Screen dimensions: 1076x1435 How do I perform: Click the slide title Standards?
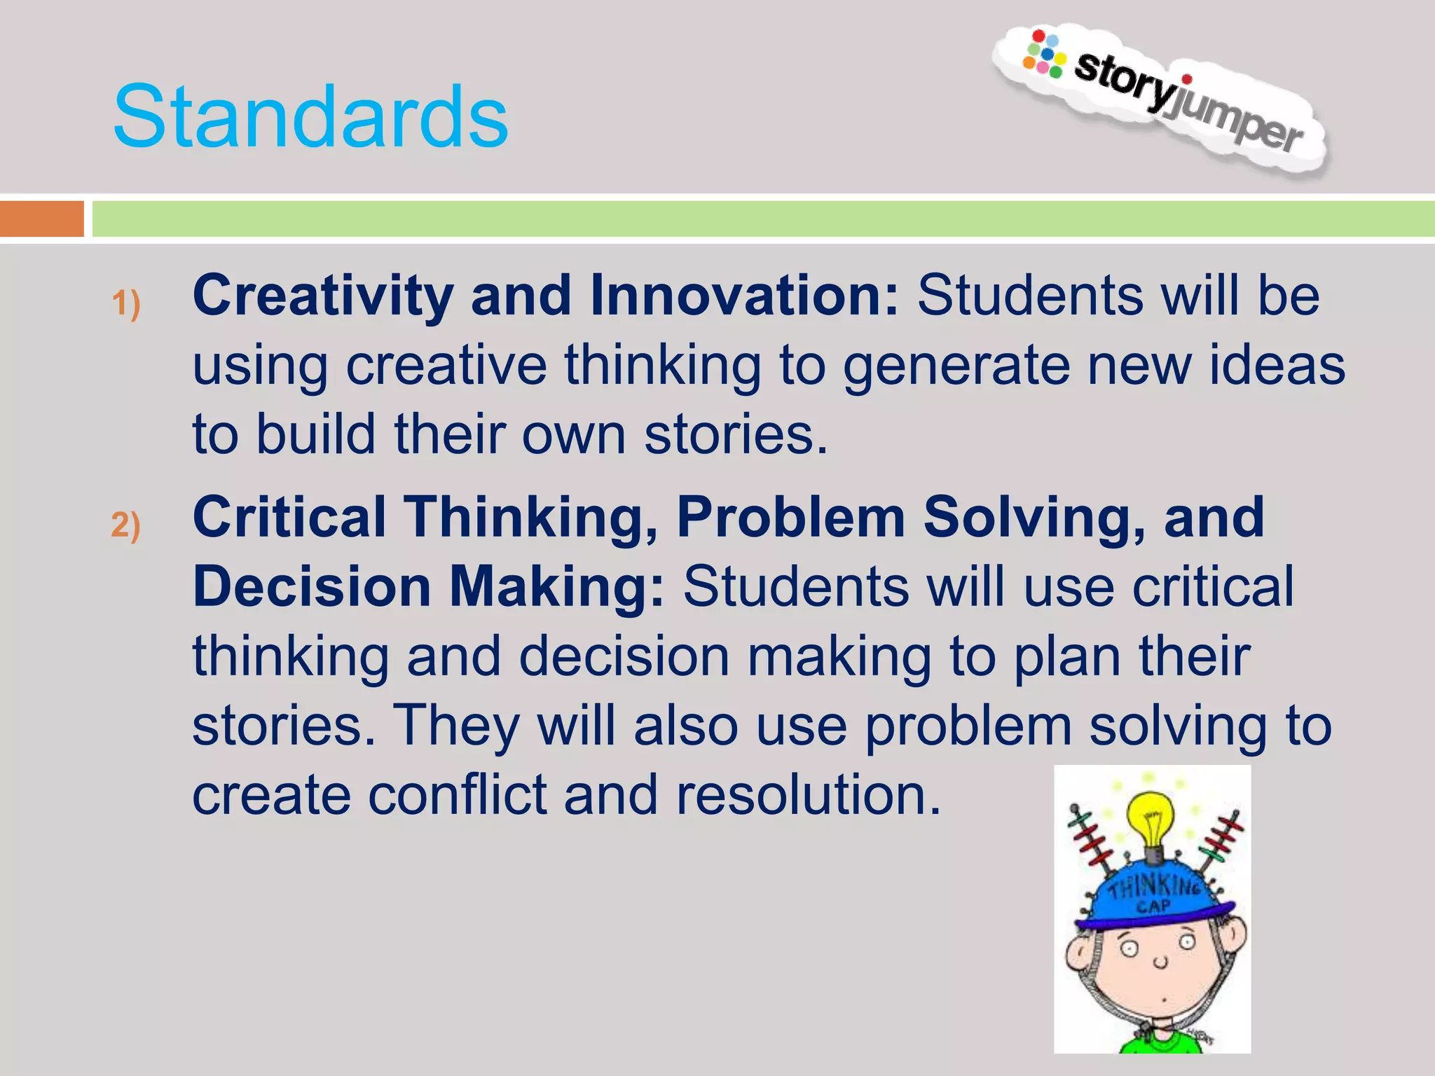(310, 117)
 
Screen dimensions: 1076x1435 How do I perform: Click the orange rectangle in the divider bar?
(41, 219)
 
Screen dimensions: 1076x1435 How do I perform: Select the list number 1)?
(126, 304)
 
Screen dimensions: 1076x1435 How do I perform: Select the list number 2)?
(126, 525)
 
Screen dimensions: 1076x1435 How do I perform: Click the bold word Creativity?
(323, 295)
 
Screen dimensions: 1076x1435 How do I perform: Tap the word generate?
(957, 366)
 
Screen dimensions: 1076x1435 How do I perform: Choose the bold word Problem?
(791, 517)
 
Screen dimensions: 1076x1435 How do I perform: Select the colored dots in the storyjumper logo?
(1044, 53)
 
